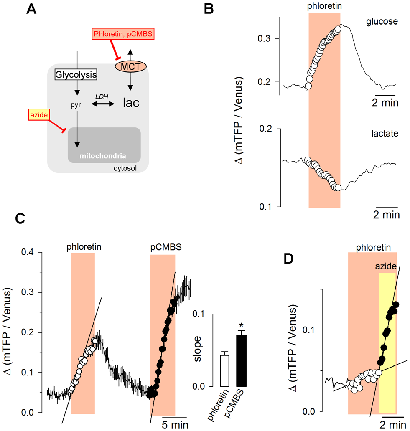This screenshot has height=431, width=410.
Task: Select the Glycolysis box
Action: click(x=76, y=75)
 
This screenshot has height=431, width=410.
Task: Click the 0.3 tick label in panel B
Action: click(x=265, y=39)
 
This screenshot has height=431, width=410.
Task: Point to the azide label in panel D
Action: click(x=387, y=267)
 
